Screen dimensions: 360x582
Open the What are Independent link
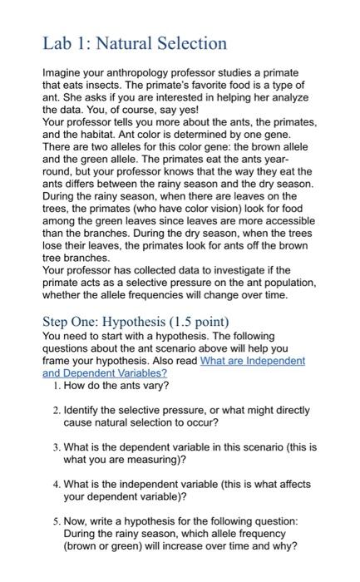click(x=254, y=360)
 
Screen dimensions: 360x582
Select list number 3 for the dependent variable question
click(x=54, y=446)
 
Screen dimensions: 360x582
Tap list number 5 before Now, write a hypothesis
click(x=54, y=520)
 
